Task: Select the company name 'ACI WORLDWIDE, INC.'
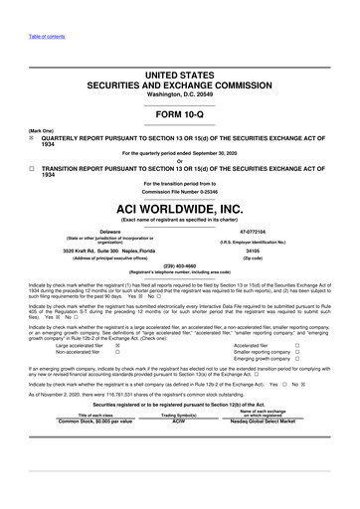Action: [x=180, y=210]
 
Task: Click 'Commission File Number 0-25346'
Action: [x=180, y=192]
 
